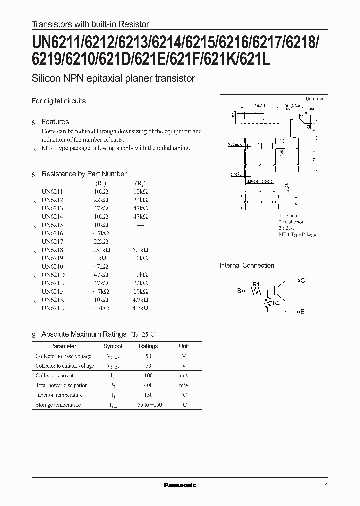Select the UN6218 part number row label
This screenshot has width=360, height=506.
coord(53,249)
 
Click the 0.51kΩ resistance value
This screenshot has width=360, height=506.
coord(101,249)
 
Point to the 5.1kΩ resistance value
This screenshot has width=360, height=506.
coord(140,249)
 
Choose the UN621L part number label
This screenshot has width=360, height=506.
coord(53,308)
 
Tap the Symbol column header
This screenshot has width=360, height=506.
coord(112,346)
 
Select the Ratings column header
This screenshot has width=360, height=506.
coord(148,346)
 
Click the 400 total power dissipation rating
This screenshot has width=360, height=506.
coord(148,385)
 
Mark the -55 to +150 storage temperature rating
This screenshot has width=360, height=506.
coord(148,405)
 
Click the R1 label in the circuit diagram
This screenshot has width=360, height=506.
coord(256,284)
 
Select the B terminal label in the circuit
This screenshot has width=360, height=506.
coord(239,291)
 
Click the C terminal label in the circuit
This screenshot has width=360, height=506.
coord(302,281)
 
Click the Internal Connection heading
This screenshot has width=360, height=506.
coord(247,266)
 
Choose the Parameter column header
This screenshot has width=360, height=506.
coord(63,346)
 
